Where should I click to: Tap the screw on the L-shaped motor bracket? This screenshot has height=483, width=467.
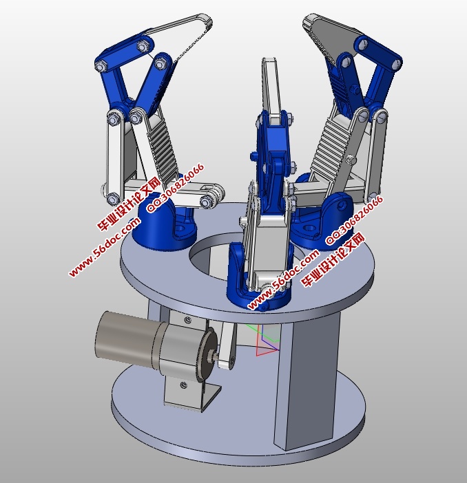coord(184,385)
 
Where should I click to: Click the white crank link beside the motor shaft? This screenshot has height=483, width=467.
coord(227,345)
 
